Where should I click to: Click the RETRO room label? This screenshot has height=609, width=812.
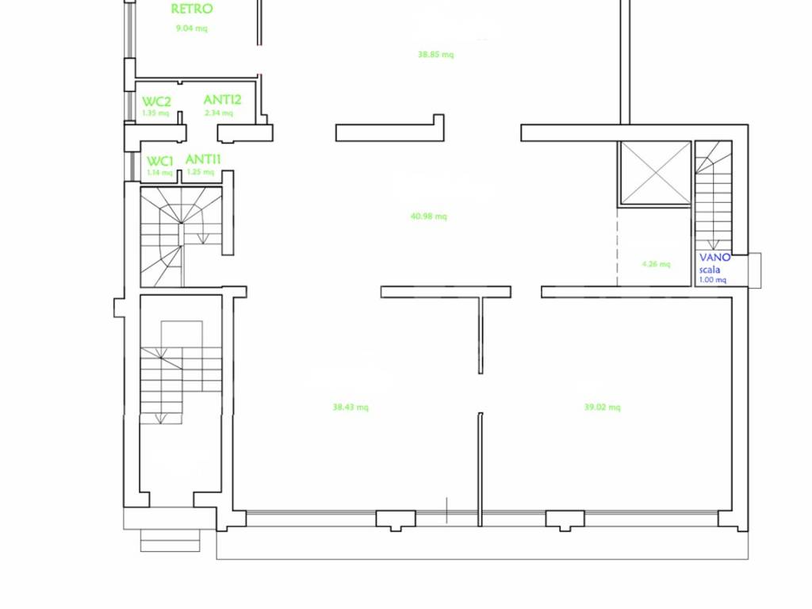tap(192, 9)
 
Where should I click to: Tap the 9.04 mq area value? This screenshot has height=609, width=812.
tap(192, 28)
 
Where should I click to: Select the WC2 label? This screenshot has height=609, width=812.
tap(156, 101)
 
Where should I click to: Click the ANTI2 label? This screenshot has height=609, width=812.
tap(223, 99)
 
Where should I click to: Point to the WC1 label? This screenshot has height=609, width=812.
tap(160, 162)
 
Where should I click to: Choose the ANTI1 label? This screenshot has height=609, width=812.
tap(203, 159)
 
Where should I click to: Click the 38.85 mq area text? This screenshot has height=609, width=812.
tap(435, 55)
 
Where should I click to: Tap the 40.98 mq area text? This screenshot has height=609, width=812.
tap(429, 216)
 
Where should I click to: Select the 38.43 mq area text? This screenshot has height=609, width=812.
tap(350, 407)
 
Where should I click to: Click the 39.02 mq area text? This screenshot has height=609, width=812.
tap(603, 407)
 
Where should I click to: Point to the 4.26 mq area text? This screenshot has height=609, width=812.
tap(656, 264)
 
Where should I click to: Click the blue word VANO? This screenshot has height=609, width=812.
tap(715, 258)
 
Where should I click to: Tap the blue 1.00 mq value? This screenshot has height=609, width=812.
tap(713, 280)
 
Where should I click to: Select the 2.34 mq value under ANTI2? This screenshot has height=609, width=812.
tap(219, 113)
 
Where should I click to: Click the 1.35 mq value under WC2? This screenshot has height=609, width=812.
tap(155, 113)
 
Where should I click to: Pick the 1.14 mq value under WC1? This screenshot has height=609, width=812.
tap(159, 172)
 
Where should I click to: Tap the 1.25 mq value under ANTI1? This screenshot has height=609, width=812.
tap(201, 171)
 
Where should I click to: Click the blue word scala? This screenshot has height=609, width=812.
tap(710, 270)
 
